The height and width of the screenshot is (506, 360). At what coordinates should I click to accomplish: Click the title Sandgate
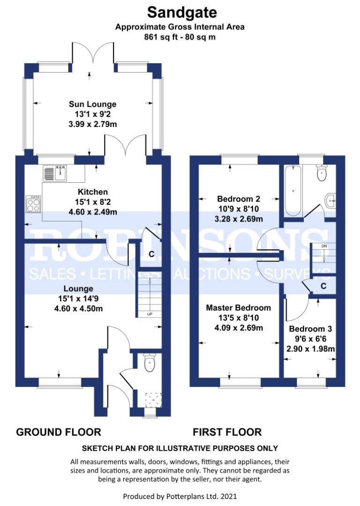pyautogui.click(x=182, y=13)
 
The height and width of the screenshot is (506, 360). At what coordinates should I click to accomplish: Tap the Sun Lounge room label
pyautogui.click(x=93, y=104)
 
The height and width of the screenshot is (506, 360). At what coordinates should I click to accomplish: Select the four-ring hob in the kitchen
pyautogui.click(x=33, y=204)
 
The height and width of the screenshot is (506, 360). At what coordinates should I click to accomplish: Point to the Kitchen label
pyautogui.click(x=93, y=192)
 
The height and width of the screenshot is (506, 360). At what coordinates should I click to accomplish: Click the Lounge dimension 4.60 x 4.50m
pyautogui.click(x=78, y=308)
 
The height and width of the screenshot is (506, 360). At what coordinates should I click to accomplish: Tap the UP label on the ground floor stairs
pyautogui.click(x=150, y=314)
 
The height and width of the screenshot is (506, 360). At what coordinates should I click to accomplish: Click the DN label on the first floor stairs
pyautogui.click(x=324, y=246)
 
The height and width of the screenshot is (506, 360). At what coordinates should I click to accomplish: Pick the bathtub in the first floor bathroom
pyautogui.click(x=293, y=191)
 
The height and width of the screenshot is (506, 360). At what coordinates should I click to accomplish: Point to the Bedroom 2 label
pyautogui.click(x=239, y=199)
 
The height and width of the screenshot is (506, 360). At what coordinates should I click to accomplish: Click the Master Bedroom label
pyautogui.click(x=239, y=308)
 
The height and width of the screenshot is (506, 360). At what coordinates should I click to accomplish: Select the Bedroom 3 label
pyautogui.click(x=310, y=329)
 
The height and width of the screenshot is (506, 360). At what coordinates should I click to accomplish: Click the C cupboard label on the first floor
pyautogui.click(x=323, y=286)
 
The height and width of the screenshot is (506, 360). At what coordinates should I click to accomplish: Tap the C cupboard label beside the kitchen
pyautogui.click(x=151, y=254)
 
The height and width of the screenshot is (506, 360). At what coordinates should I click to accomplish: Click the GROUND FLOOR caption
pyautogui.click(x=59, y=432)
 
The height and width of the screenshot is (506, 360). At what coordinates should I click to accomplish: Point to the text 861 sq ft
pyautogui.click(x=161, y=37)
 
